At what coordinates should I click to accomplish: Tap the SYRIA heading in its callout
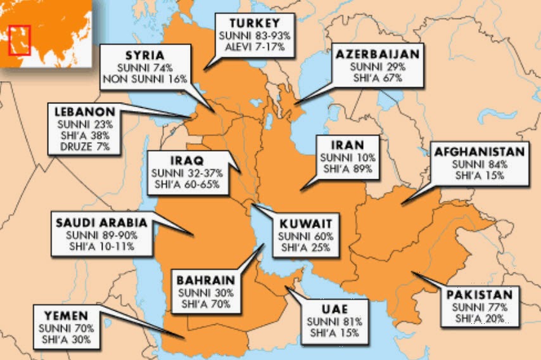[144, 55]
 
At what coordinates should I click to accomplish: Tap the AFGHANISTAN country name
[479, 152]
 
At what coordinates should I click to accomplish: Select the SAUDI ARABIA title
[101, 222]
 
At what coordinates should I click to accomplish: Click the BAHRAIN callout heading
[206, 280]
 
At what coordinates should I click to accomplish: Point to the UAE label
[334, 309]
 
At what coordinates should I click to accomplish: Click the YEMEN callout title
[67, 315]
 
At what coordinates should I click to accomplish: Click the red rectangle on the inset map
[20, 39]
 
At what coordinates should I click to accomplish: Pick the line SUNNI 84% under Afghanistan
[479, 164]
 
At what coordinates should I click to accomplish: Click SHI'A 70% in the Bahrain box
[206, 304]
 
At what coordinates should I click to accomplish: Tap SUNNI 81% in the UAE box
[334, 321]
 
